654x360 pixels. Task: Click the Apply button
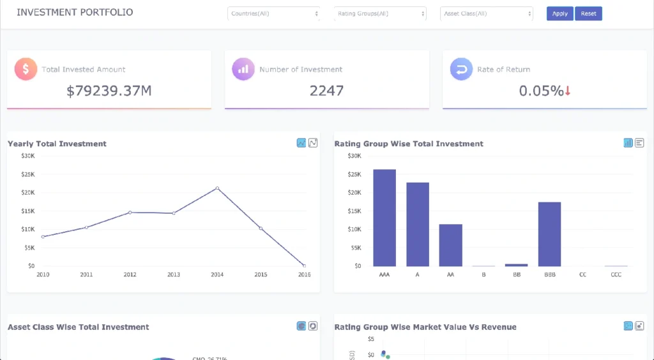pyautogui.click(x=559, y=13)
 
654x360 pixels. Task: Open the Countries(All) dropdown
pyautogui.click(x=273, y=13)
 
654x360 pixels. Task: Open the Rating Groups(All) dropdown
pyautogui.click(x=380, y=13)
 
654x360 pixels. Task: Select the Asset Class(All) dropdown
pyautogui.click(x=486, y=13)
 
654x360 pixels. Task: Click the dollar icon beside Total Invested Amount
pyautogui.click(x=26, y=69)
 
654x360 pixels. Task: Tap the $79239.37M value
pyautogui.click(x=109, y=91)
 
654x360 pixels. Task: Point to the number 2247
pyautogui.click(x=326, y=91)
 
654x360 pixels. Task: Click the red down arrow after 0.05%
pyautogui.click(x=568, y=91)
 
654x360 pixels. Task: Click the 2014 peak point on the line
pyautogui.click(x=217, y=188)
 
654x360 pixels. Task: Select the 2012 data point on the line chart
pyautogui.click(x=130, y=213)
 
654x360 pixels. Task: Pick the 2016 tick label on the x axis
pyautogui.click(x=304, y=274)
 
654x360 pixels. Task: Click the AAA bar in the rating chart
pyautogui.click(x=384, y=218)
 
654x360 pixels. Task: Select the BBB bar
pyautogui.click(x=549, y=234)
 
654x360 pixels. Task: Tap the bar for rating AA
pyautogui.click(x=450, y=245)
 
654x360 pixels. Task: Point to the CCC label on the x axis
pyautogui.click(x=616, y=274)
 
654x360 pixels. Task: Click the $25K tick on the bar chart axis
pyautogui.click(x=354, y=174)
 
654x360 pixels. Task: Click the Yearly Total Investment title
pyautogui.click(x=57, y=144)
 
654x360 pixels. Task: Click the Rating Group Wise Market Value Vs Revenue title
pyautogui.click(x=425, y=327)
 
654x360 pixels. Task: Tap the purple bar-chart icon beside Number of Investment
pyautogui.click(x=243, y=69)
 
